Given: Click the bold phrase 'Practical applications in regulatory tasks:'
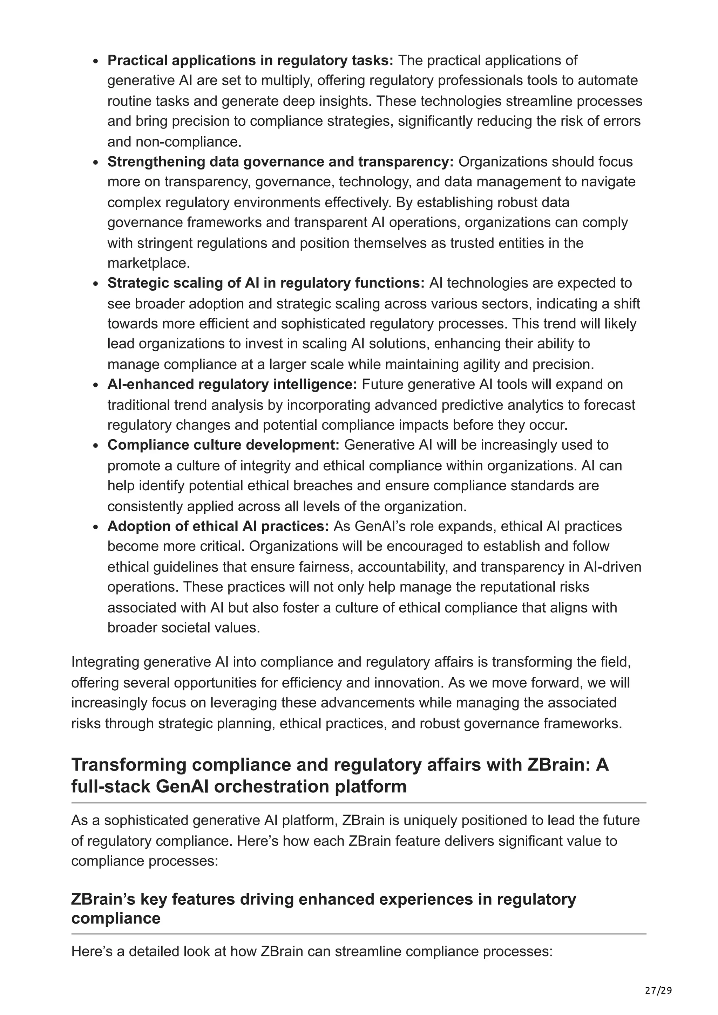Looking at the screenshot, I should click(250, 60).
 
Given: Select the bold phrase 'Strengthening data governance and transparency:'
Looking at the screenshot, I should click(280, 162).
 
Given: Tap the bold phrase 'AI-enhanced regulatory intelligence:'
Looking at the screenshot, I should click(232, 385).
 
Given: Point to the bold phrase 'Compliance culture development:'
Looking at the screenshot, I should click(223, 445).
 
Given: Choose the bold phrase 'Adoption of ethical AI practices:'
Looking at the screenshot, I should click(218, 526).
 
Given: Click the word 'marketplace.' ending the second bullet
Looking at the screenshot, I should click(149, 263).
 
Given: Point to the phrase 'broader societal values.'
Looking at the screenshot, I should click(184, 628).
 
